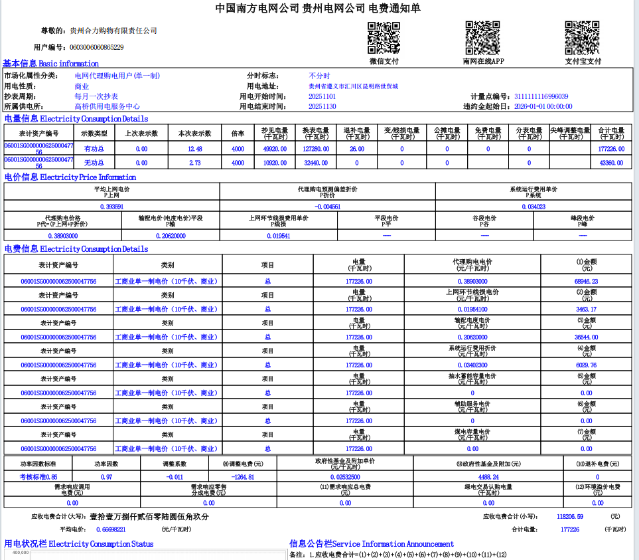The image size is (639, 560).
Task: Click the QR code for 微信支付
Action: click(384, 38)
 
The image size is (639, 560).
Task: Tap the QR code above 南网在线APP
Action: click(482, 38)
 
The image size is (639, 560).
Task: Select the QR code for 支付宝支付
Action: click(582, 38)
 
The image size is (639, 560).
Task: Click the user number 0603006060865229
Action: click(96, 47)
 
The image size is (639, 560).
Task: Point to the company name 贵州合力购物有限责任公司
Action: click(113, 31)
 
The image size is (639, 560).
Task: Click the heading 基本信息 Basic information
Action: click(50, 63)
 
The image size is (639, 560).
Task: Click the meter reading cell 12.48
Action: click(195, 149)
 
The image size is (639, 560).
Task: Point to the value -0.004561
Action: click(327, 207)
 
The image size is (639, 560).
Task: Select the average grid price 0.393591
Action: click(111, 207)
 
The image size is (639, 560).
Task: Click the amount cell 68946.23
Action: click(586, 281)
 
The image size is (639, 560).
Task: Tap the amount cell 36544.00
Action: click(586, 337)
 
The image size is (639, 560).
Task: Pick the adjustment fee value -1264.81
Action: click(242, 476)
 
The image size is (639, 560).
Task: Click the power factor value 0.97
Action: click(106, 476)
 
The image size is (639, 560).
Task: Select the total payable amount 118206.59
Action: click(570, 516)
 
